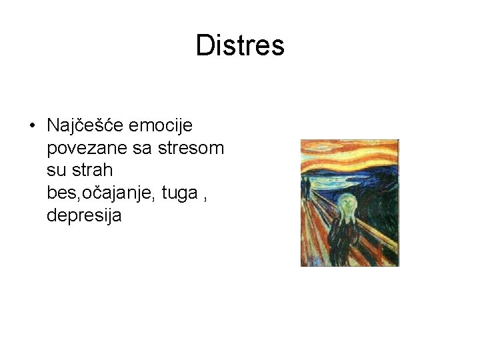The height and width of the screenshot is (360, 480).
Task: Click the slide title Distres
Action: click(240, 45)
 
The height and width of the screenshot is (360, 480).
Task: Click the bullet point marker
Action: click(31, 126)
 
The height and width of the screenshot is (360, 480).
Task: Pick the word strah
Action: click(93, 171)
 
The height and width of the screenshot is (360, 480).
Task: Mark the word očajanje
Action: click(113, 193)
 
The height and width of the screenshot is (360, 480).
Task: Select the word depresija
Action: click(84, 216)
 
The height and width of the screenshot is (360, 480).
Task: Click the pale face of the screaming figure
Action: click(347, 204)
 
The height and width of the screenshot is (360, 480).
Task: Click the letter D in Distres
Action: click(204, 45)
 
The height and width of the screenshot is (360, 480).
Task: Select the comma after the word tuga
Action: click(203, 197)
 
